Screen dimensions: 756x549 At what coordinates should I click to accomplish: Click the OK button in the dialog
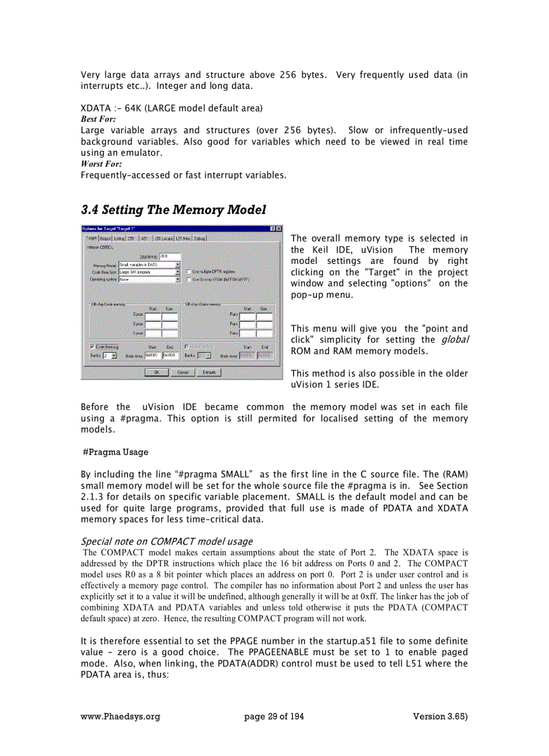pos(156,372)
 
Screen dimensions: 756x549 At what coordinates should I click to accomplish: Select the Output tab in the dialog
pos(106,238)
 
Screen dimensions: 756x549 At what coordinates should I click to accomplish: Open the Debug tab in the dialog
pos(200,238)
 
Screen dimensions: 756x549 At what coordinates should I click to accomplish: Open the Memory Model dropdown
pos(178,265)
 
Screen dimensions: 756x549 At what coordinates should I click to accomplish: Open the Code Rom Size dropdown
pos(178,271)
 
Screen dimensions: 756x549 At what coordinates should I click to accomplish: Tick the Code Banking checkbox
pos(92,347)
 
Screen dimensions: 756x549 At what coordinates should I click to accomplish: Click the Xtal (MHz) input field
pos(170,256)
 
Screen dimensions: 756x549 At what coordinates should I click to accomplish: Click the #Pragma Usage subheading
pos(115,452)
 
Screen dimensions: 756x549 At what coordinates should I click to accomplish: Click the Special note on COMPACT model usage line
pos(166,541)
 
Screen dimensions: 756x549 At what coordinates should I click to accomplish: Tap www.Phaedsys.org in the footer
pos(120,716)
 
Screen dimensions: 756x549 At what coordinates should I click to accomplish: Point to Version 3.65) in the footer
pos(440,716)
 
